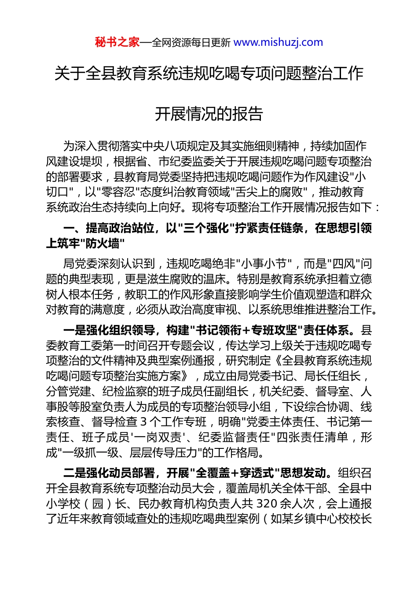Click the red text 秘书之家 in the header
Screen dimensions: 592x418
117,42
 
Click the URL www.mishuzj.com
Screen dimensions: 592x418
278,42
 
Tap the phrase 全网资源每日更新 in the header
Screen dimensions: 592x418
191,43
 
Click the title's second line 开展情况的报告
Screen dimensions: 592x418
209,114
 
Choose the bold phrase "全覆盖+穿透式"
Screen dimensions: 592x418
235,473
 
